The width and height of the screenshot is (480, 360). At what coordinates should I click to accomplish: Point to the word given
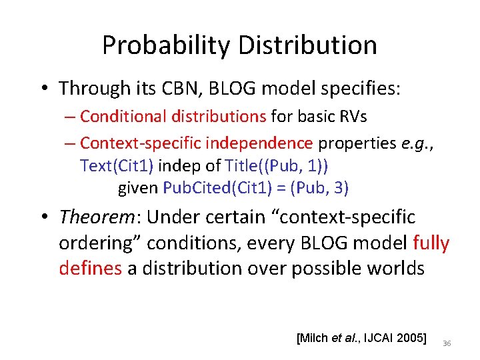[x=138, y=188]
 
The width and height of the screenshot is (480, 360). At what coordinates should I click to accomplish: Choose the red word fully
[x=431, y=243]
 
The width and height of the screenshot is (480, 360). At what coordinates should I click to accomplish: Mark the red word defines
[x=89, y=268]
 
